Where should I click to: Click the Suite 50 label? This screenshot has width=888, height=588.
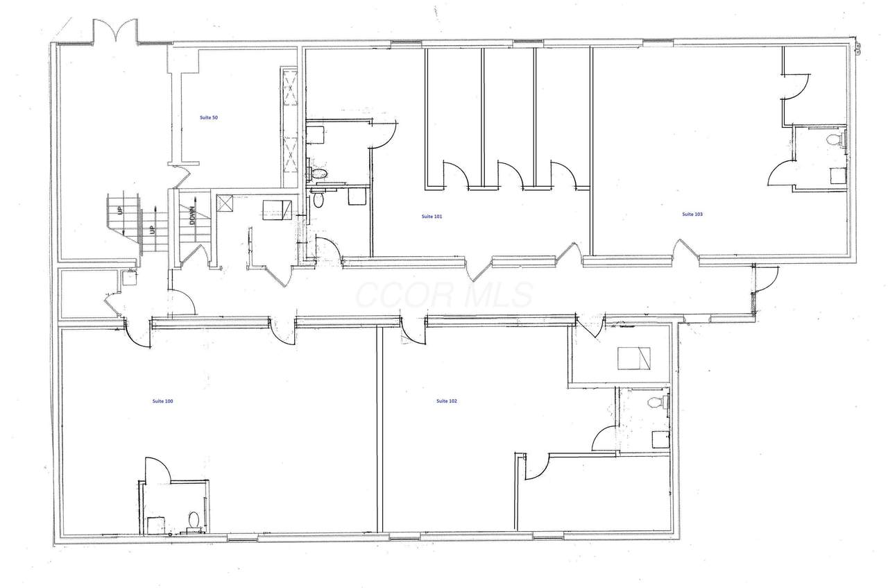[209, 117]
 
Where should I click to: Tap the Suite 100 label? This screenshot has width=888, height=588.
[162, 401]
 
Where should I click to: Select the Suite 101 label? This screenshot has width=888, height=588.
[432, 216]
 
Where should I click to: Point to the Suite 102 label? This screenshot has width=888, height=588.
[446, 401]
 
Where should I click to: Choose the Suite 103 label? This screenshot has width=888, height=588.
[692, 215]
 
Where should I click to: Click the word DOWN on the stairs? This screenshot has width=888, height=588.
[192, 215]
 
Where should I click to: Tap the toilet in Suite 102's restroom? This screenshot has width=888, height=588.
[658, 403]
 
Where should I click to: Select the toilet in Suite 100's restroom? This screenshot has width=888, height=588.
[194, 520]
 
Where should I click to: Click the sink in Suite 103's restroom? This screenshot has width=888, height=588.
[838, 176]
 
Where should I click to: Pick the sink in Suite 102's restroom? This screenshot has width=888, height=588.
[661, 439]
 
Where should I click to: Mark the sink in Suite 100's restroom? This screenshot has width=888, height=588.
[156, 525]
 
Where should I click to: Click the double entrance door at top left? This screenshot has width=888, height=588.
[115, 31]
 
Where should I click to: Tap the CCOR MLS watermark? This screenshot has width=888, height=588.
[444, 294]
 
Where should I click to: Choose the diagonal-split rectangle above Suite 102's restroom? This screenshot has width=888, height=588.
[634, 359]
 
